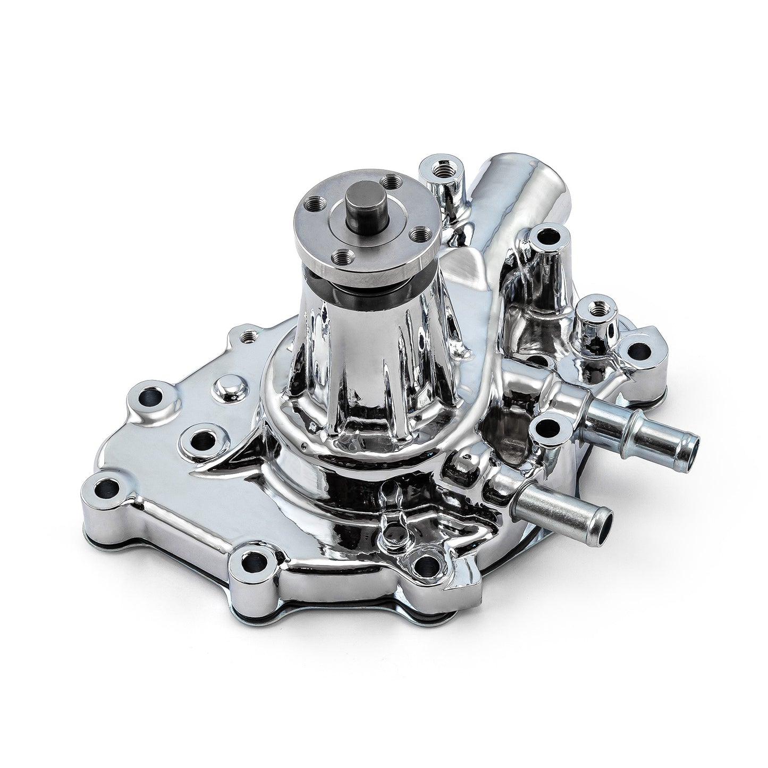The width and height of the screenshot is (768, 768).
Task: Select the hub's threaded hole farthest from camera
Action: pyautogui.click(x=393, y=184)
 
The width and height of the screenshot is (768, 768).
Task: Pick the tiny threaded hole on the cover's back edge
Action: pyautogui.click(x=248, y=336)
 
